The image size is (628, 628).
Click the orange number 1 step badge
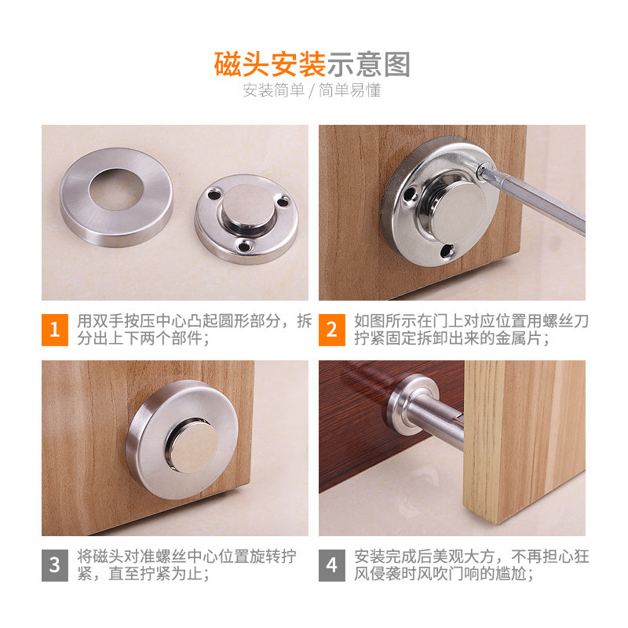pyautogui.click(x=55, y=330)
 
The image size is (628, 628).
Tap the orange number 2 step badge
pyautogui.click(x=331, y=330)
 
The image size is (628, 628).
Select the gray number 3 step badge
pyautogui.click(x=55, y=564)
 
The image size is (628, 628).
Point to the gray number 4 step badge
pyautogui.click(x=331, y=564)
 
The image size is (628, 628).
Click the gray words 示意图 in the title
pyautogui.click(x=369, y=64)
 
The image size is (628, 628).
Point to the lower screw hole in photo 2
pyautogui.click(x=448, y=250)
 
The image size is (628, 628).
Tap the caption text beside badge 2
pyautogui.click(x=471, y=330)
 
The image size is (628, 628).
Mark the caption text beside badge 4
pyautogui.click(x=471, y=565)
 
